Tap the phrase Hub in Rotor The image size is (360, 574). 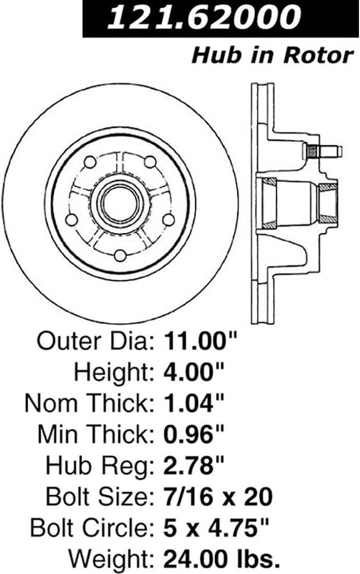(272, 55)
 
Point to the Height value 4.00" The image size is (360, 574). (193, 372)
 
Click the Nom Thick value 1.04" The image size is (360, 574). (193, 403)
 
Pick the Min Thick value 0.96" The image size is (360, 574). (193, 434)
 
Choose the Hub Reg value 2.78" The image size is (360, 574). (193, 465)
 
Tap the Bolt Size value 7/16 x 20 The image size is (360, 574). (218, 497)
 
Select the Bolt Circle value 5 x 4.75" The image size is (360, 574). (216, 528)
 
